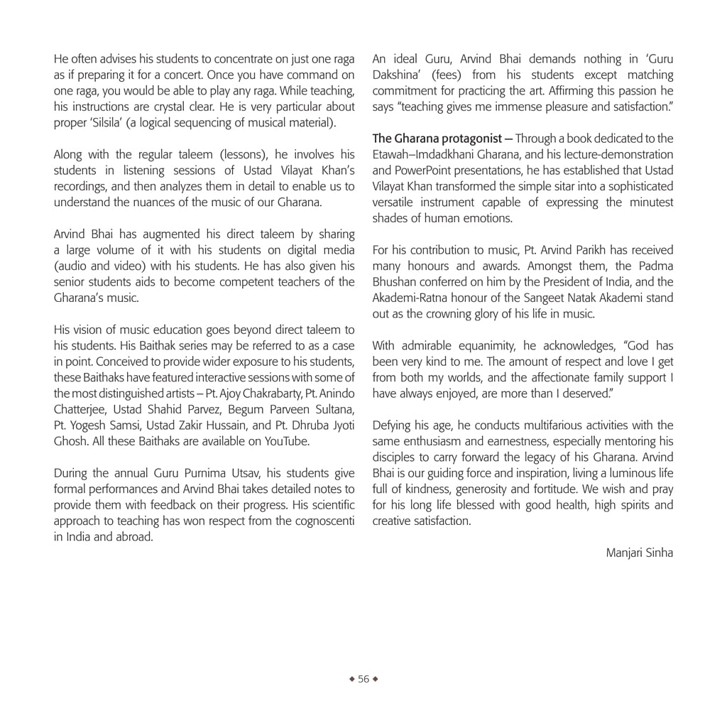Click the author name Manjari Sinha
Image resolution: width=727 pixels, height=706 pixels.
click(x=639, y=552)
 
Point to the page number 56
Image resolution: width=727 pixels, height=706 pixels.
click(x=363, y=679)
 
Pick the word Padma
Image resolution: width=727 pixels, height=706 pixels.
click(x=654, y=266)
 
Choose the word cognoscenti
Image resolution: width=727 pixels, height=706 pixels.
click(x=319, y=521)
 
